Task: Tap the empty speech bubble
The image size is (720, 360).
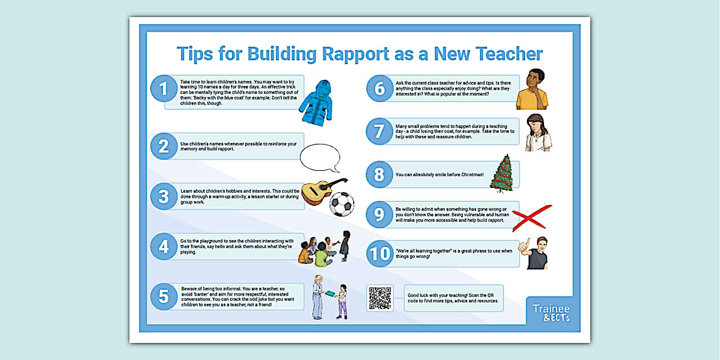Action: (319, 158)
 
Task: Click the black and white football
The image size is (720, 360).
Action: (342, 204)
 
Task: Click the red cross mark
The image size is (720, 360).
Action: (531, 217)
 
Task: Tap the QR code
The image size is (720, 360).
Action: (380, 298)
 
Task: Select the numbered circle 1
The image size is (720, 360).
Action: (164, 89)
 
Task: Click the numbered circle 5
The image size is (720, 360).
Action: (164, 297)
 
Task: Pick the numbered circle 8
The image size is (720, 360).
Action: (379, 174)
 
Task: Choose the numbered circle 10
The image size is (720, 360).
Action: (379, 254)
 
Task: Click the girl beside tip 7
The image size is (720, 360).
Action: (538, 133)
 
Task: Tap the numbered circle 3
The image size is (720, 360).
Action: (164, 197)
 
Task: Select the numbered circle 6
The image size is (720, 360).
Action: (379, 89)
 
